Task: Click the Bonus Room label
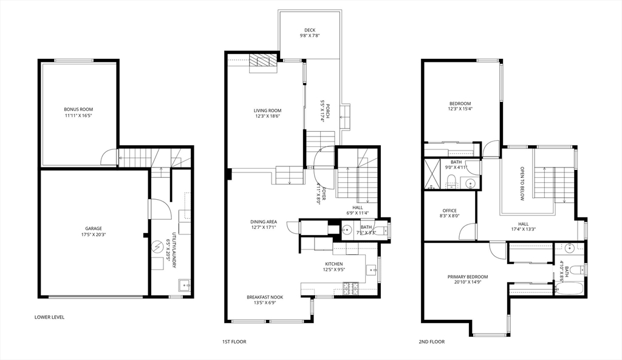[78, 109]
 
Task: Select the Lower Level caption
[49, 317]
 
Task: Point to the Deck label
[310, 30]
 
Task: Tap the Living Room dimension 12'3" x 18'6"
[268, 117]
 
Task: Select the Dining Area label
[264, 222]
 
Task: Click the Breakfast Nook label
[265, 297]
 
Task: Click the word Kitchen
[334, 264]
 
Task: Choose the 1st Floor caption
[234, 342]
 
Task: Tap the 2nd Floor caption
[432, 342]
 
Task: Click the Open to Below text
[522, 183]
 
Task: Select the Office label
[449, 211]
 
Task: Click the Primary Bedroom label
[468, 277]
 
